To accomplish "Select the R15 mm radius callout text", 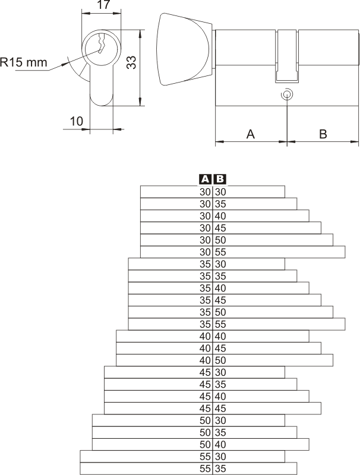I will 24,62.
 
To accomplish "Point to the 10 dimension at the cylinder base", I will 76,121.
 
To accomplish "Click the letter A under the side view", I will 251,134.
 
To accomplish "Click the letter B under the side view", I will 323,134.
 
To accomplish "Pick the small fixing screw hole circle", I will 287,94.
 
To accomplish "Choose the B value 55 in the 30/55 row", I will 220,252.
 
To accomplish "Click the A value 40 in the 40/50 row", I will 206,360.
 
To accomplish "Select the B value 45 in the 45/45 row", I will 220,408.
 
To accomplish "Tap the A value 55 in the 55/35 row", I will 206,468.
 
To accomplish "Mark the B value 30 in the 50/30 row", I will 220,420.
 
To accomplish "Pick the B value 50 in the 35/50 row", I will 220,312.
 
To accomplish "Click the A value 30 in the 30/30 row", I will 206,192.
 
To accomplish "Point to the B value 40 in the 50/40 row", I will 220,445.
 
